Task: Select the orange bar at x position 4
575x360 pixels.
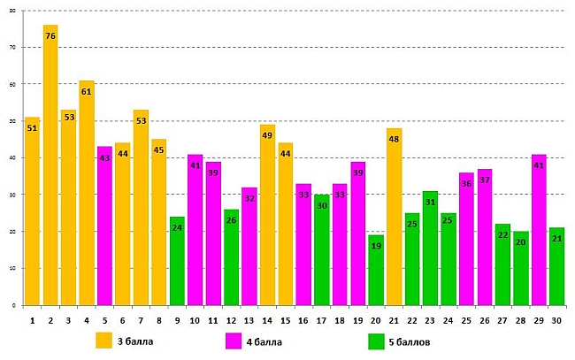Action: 87,195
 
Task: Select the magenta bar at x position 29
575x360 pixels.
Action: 539,230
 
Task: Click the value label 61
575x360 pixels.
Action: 87,92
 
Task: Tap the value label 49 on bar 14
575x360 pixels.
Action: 267,136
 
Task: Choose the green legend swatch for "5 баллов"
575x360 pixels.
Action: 376,340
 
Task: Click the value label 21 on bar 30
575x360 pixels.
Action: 557,239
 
